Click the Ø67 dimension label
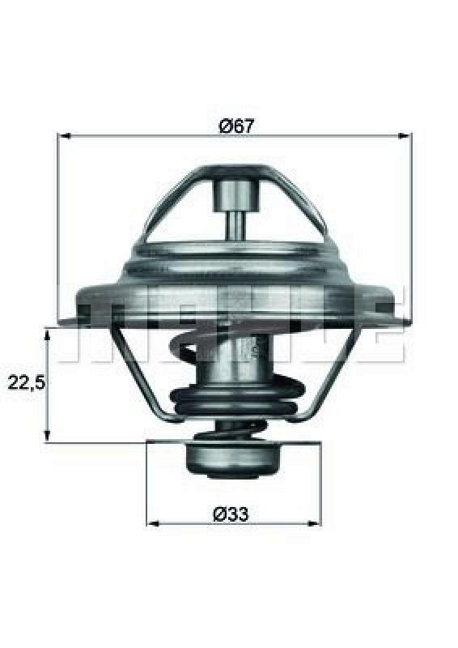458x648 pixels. (x=233, y=126)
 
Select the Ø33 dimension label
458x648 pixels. (x=231, y=514)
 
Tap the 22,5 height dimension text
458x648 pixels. (x=25, y=382)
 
